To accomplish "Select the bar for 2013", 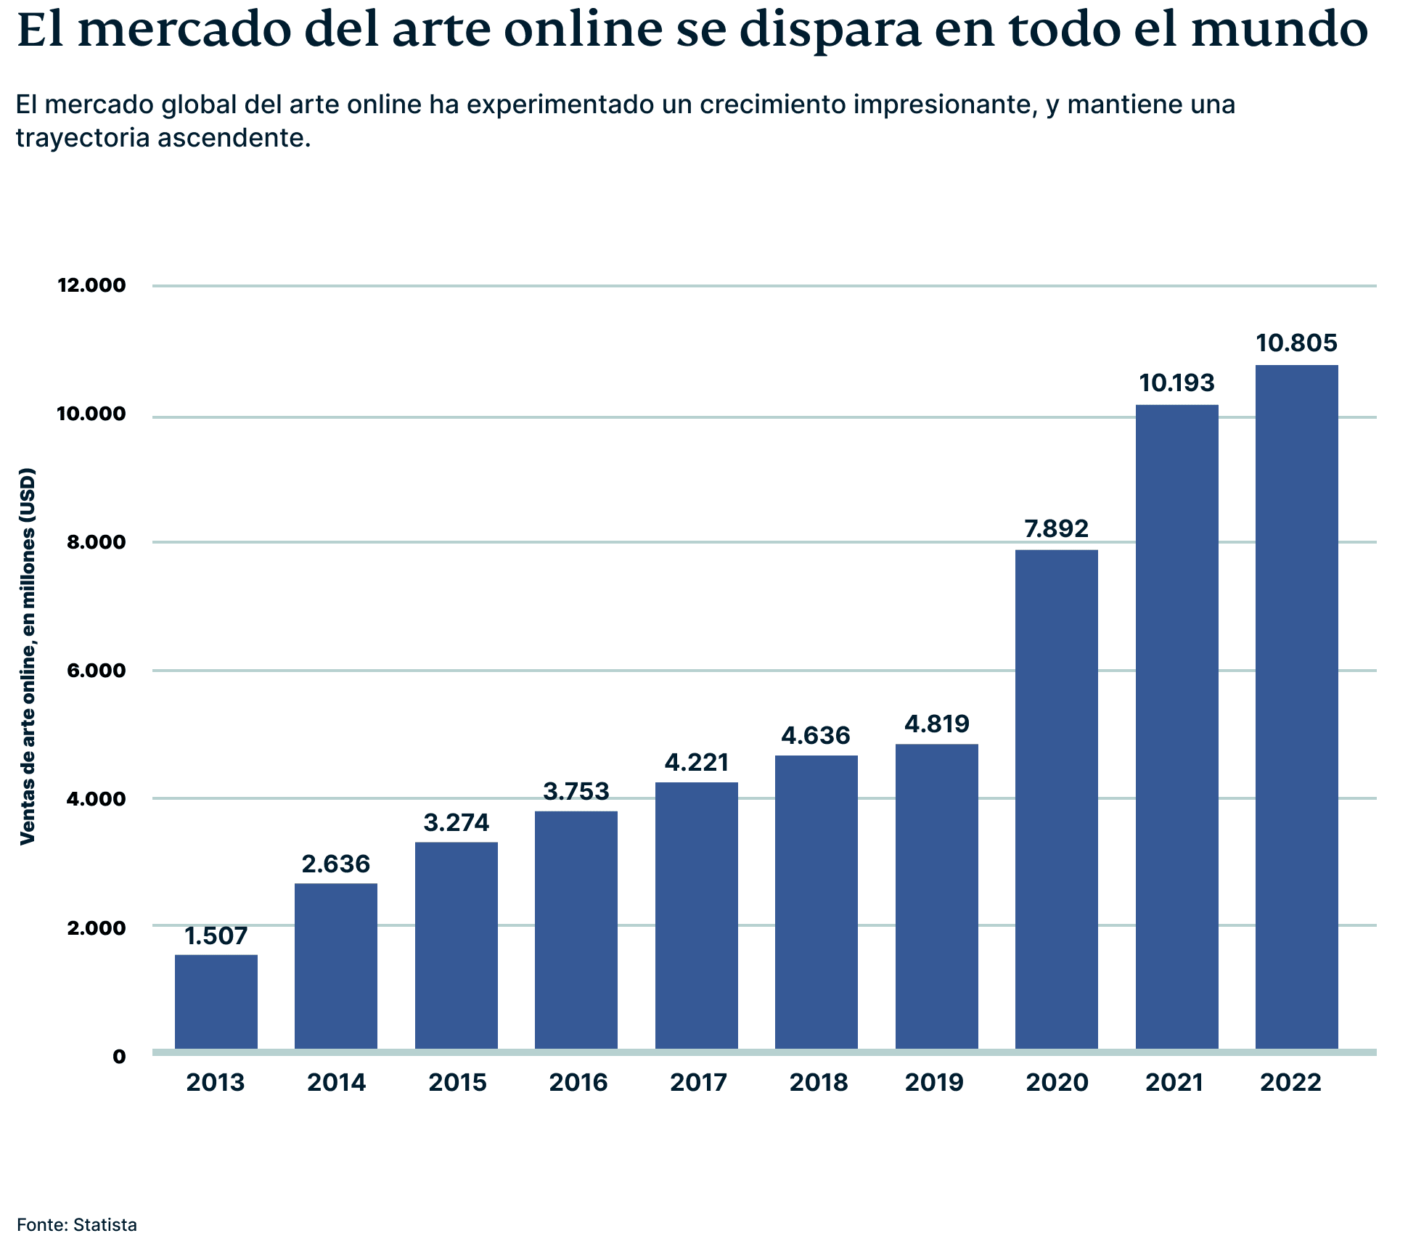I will (216, 1002).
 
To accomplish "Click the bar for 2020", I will (1056, 798).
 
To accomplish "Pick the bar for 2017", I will (696, 915).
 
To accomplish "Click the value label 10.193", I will (1176, 382).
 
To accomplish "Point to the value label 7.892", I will (1056, 528).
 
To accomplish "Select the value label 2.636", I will (336, 864).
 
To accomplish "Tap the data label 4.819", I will (936, 724).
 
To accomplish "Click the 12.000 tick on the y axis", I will (91, 285).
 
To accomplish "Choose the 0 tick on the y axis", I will (119, 1057).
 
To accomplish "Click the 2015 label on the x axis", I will (457, 1083).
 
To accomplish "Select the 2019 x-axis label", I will (934, 1083).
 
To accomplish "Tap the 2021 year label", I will (1174, 1083).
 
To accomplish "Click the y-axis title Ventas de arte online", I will (27, 657).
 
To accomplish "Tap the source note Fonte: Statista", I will (77, 1225).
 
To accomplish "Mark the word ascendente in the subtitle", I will (234, 137).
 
